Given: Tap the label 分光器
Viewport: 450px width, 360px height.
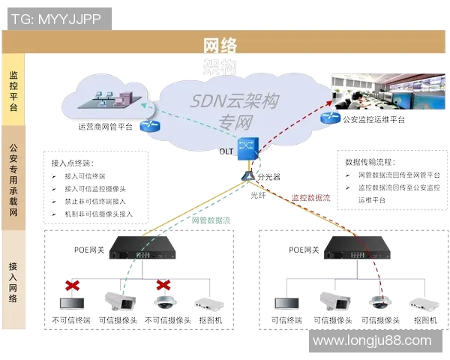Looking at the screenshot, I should pos(268,178).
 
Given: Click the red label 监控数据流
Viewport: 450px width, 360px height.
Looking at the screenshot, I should pos(310,198).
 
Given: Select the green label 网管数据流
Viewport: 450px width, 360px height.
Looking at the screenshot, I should pos(211,220).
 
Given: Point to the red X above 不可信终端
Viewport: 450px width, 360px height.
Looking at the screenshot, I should pos(73,286).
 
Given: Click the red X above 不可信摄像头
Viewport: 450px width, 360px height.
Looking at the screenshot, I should pos(163,286).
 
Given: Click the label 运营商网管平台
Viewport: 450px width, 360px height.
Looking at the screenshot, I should pos(106,127).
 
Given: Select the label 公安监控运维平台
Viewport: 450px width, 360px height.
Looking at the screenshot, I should pos(373,120).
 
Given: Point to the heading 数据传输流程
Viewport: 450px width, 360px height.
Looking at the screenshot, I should pos(370,161).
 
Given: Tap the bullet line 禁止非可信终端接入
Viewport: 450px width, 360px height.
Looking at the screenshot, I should pos(94,201).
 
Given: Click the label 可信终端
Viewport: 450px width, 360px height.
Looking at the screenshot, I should pos(286,320).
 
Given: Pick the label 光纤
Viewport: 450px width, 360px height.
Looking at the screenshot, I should pos(258,194).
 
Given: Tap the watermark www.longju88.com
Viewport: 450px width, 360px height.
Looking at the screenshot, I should pos(372,341).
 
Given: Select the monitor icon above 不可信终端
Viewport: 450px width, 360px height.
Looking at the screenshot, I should pos(73,304).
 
